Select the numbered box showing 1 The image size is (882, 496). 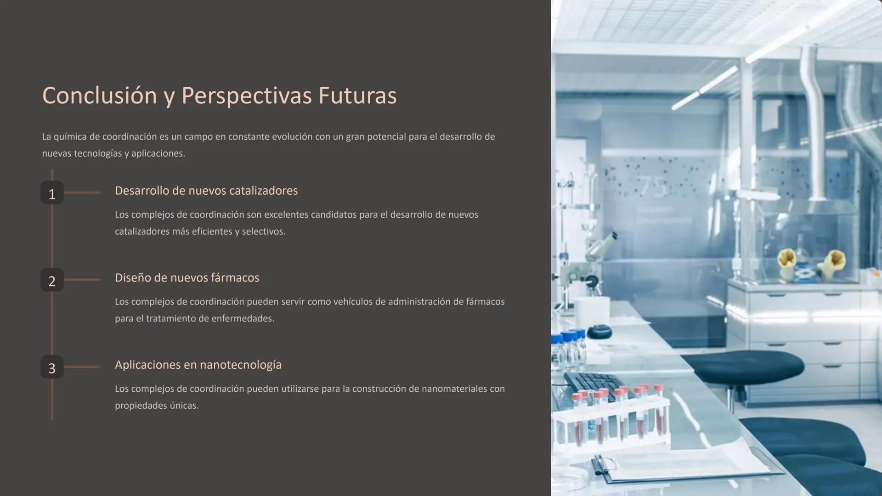52,193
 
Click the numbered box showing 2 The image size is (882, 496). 52,280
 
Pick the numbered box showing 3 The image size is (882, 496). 52,367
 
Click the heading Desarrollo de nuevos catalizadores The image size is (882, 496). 206,191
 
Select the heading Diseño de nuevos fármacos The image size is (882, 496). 187,278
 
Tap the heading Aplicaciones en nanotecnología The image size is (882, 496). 198,365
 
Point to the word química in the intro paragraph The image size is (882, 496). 70,137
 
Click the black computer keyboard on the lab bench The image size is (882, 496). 593,386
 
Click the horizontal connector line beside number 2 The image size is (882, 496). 82,280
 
